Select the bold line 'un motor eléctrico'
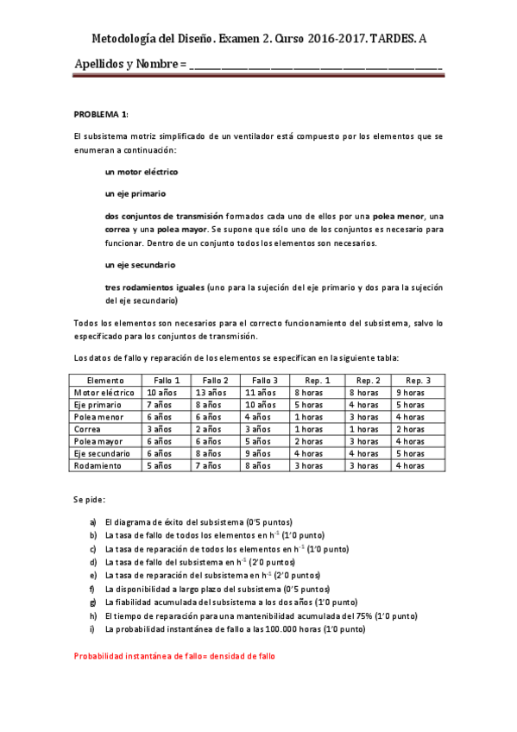(x=142, y=172)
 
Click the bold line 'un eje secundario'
(x=140, y=264)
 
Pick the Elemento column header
(x=105, y=380)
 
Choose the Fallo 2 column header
(x=215, y=380)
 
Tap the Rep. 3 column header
(x=419, y=380)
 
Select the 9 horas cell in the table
(x=411, y=392)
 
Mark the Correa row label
(x=88, y=429)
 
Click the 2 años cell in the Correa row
(x=210, y=429)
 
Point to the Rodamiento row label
(x=98, y=465)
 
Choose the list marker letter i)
(x=93, y=630)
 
